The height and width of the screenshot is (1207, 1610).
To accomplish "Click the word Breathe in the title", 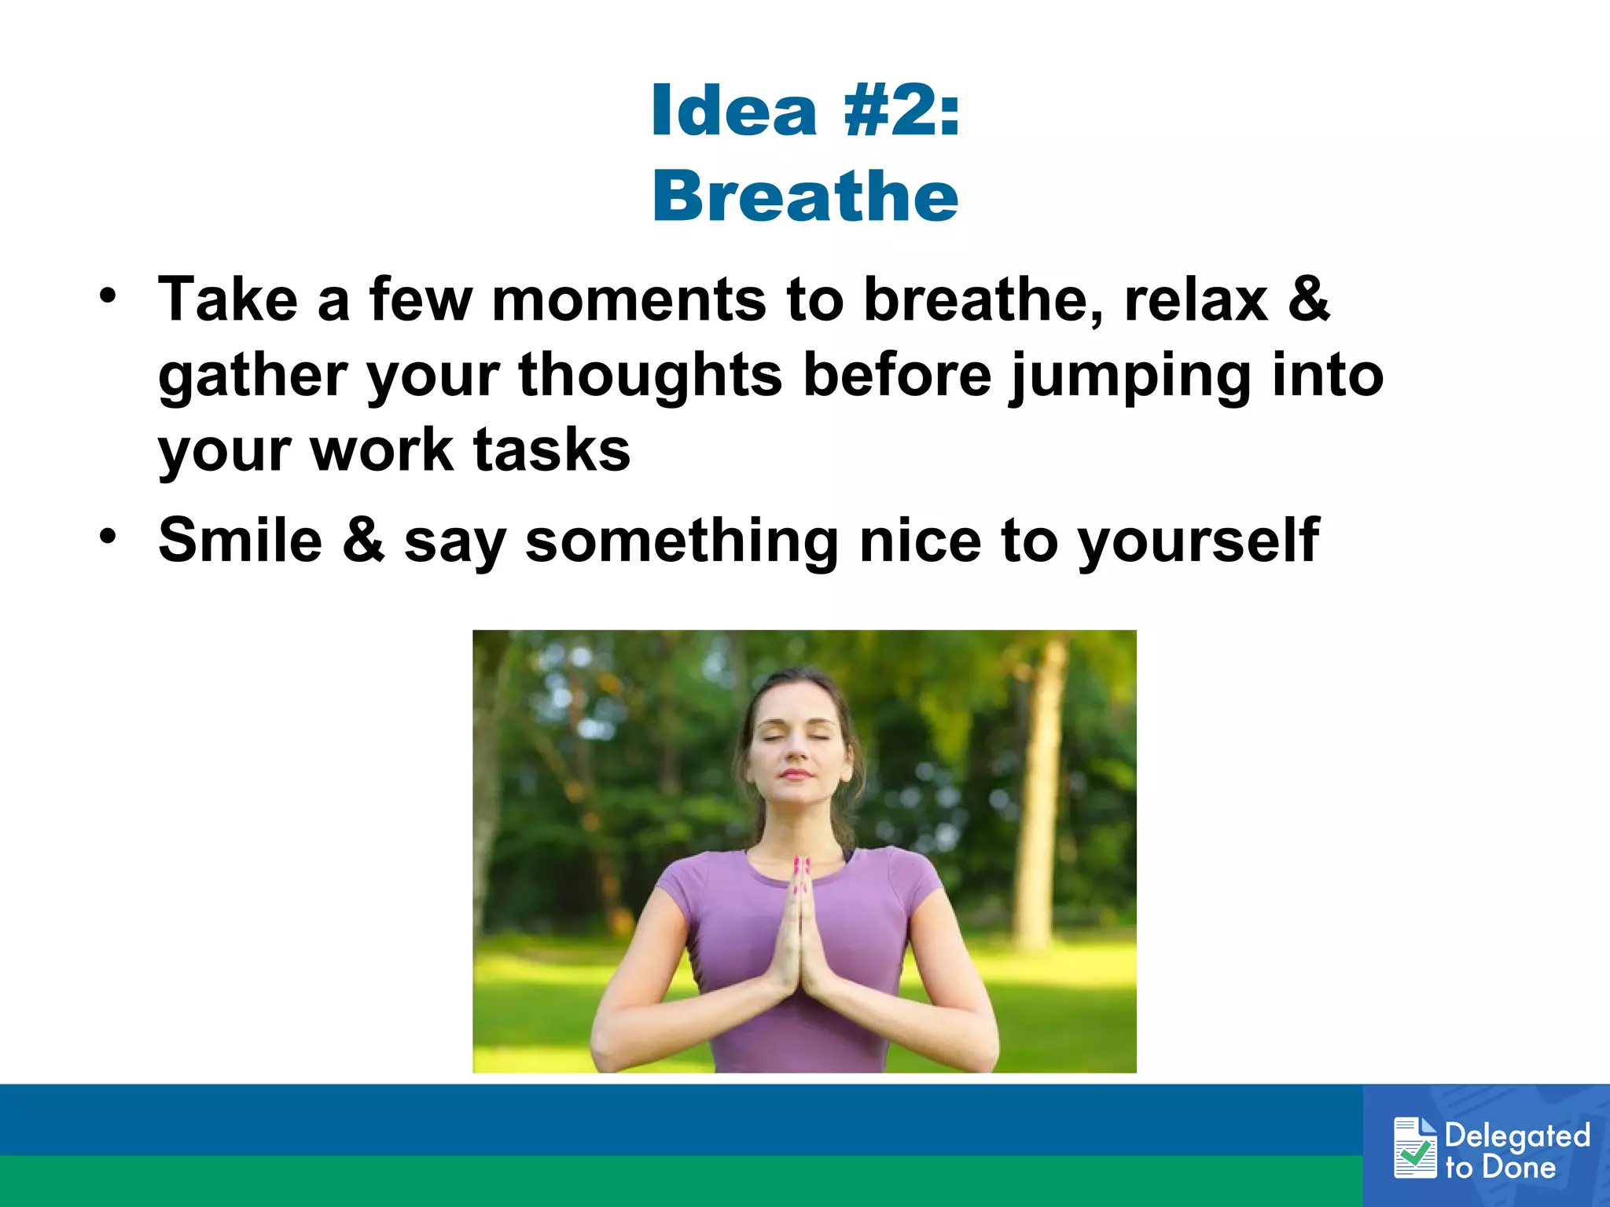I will click(x=805, y=196).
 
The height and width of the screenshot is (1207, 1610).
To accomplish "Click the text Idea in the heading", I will click(x=734, y=112).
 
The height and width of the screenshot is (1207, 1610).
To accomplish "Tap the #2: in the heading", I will click(x=901, y=112).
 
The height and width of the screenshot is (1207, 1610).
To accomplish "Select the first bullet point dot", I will click(x=108, y=296).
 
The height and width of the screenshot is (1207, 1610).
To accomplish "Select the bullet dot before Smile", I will click(x=108, y=537).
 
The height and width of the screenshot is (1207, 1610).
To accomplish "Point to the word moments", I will click(x=629, y=300).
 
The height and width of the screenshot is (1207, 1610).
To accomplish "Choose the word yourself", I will click(x=1198, y=542).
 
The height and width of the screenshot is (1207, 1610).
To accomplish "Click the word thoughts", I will click(x=650, y=376).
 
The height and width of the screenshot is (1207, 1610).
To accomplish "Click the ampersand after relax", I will click(x=1308, y=300).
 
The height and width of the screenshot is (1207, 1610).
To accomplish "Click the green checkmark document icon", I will click(x=1415, y=1148).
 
